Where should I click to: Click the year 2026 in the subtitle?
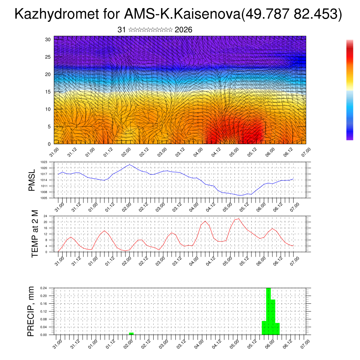(x=183, y=30)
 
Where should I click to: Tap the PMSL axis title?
(x=32, y=180)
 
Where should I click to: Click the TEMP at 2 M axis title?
(x=35, y=234)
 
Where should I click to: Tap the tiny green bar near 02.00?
(x=131, y=333)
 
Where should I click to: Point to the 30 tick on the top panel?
(x=48, y=39)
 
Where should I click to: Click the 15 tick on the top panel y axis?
(x=48, y=92)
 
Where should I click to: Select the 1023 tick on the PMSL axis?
(x=44, y=162)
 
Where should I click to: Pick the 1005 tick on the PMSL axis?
(x=44, y=198)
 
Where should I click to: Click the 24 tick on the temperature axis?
(x=45, y=216)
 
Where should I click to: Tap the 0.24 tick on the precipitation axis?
(x=43, y=288)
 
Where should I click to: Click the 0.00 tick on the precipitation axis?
(x=43, y=335)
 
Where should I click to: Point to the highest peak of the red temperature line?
(x=239, y=219)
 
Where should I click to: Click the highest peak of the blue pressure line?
(x=130, y=165)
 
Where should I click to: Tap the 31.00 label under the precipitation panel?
(x=57, y=343)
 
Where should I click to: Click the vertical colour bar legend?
(x=349, y=90)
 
